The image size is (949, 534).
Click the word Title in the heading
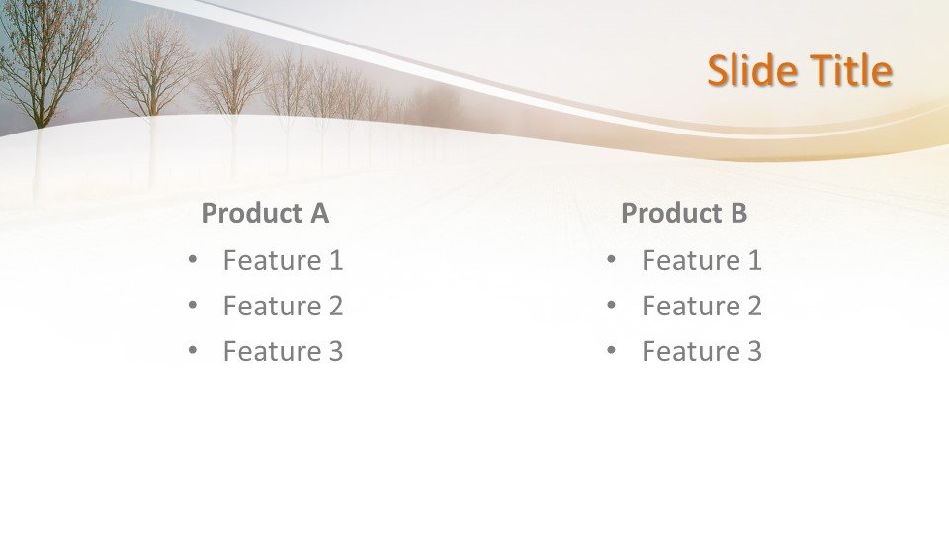click(851, 69)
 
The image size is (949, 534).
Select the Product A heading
click(265, 213)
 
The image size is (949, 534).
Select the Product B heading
click(684, 213)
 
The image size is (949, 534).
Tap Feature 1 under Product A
click(284, 260)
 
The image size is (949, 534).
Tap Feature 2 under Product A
click(284, 306)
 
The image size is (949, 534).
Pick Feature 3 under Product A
click(284, 351)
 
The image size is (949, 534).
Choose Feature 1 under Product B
click(702, 260)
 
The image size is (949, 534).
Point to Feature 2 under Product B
click(702, 306)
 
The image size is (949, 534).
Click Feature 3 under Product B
click(702, 351)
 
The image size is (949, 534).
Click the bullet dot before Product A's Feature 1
click(193, 260)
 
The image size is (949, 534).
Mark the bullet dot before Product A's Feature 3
click(193, 350)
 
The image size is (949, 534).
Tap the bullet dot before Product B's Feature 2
click(611, 306)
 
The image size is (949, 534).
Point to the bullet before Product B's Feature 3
click(611, 350)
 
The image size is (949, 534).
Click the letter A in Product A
click(320, 213)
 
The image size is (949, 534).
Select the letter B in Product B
click(739, 213)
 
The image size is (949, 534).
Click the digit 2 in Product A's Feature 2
click(335, 306)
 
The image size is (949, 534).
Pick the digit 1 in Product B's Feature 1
click(754, 260)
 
